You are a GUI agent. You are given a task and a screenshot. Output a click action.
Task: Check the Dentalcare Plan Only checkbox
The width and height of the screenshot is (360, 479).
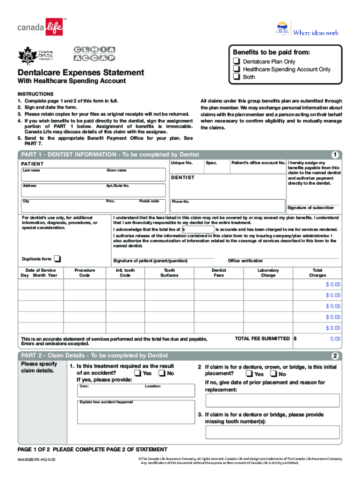click(x=237, y=62)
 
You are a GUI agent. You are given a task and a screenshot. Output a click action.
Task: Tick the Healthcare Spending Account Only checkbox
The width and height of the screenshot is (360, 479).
click(x=237, y=69)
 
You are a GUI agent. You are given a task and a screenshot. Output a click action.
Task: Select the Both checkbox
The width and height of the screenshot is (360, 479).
click(x=237, y=77)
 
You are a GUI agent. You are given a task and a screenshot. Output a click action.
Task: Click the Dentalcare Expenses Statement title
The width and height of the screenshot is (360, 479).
click(x=81, y=73)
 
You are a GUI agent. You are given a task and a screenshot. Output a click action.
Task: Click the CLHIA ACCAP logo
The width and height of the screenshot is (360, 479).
click(x=94, y=54)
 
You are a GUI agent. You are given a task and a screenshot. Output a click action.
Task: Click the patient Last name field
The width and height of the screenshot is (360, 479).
click(x=63, y=174)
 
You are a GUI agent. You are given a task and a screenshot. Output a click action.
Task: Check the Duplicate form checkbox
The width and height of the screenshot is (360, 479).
click(x=57, y=259)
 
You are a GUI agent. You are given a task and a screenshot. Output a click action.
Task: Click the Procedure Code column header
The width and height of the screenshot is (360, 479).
click(x=85, y=273)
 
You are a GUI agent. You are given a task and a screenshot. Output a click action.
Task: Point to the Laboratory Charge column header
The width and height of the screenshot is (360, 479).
click(x=268, y=273)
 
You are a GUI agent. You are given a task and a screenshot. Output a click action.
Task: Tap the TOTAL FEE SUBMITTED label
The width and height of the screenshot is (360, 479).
click(x=262, y=338)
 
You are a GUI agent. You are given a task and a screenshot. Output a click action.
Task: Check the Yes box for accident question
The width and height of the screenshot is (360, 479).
click(x=138, y=373)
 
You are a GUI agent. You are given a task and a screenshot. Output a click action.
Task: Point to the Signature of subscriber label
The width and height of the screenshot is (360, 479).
click(x=310, y=208)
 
